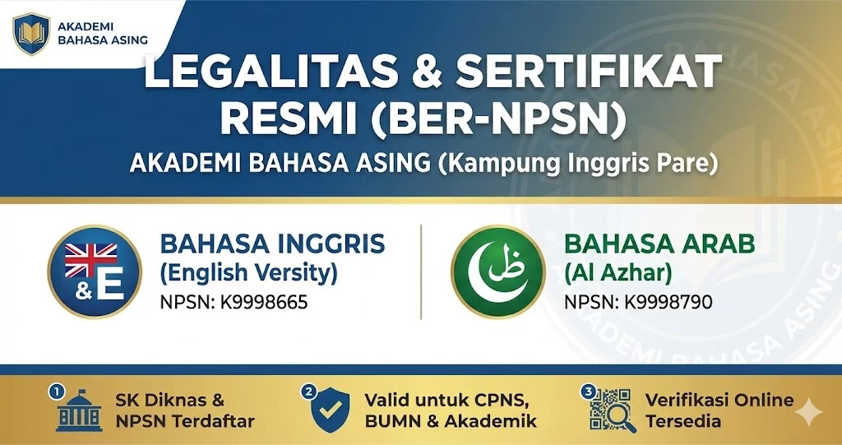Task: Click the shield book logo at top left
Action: pyautogui.click(x=31, y=34)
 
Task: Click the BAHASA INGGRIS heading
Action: pyautogui.click(x=272, y=244)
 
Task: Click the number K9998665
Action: pyautogui.click(x=264, y=302)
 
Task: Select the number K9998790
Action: pyautogui.click(x=669, y=302)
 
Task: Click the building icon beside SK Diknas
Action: pyautogui.click(x=80, y=415)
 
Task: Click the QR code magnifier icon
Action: pyautogui.click(x=612, y=410)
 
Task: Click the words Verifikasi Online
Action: pyautogui.click(x=719, y=401)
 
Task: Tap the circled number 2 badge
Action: pyautogui.click(x=308, y=392)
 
